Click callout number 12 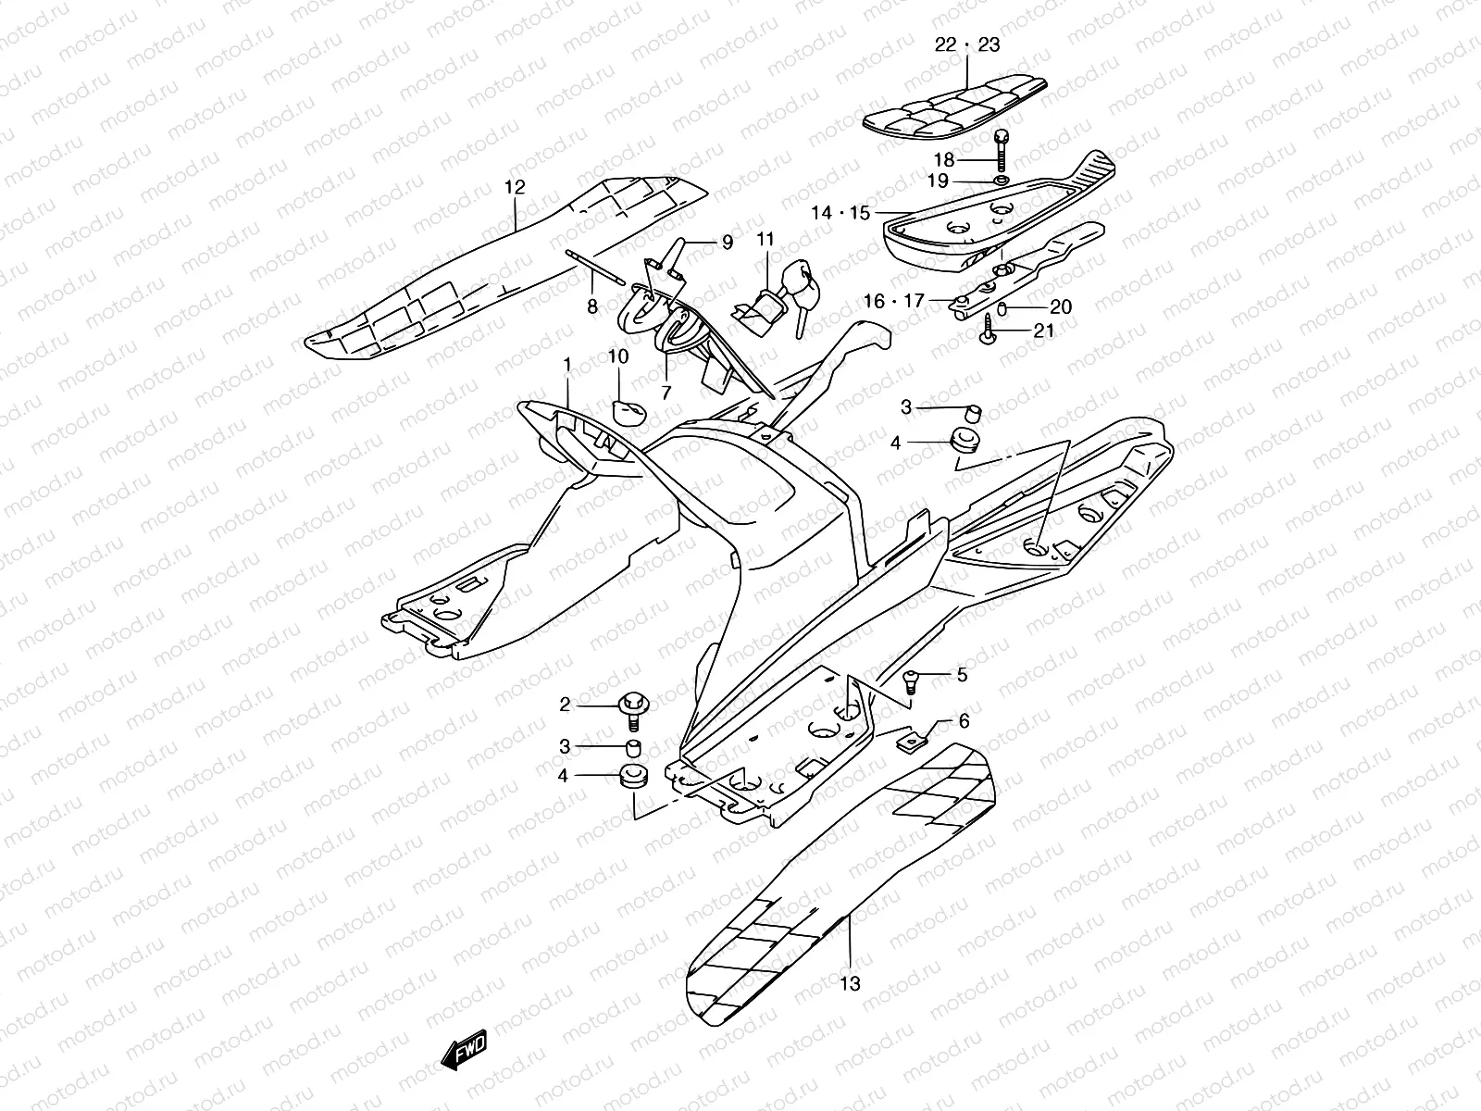(x=515, y=187)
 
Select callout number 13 (x=850, y=983)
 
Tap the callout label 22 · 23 (x=967, y=44)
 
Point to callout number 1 (x=567, y=368)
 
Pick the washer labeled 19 (x=1003, y=179)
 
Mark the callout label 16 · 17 (x=894, y=300)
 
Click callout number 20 (x=1061, y=306)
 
